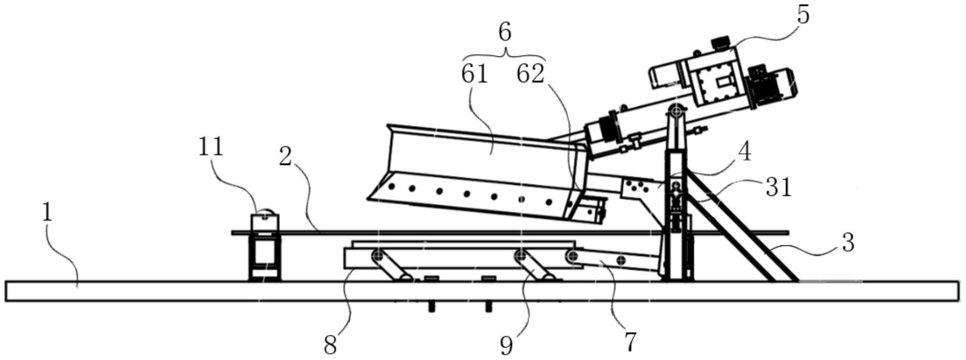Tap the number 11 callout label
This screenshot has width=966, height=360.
click(211, 147)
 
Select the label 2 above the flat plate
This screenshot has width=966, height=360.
click(285, 156)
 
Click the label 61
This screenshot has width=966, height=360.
click(475, 74)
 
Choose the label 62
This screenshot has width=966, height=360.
click(531, 74)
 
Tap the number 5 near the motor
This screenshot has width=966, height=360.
click(804, 15)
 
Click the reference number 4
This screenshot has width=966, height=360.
click(745, 153)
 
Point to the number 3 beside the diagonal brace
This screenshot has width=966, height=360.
click(848, 243)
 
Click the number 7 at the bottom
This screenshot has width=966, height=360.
click(630, 342)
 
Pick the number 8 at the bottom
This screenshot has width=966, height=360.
click(330, 345)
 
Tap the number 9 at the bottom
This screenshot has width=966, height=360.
click(507, 345)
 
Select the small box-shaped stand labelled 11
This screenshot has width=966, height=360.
click(265, 246)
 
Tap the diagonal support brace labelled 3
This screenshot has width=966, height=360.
click(742, 227)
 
